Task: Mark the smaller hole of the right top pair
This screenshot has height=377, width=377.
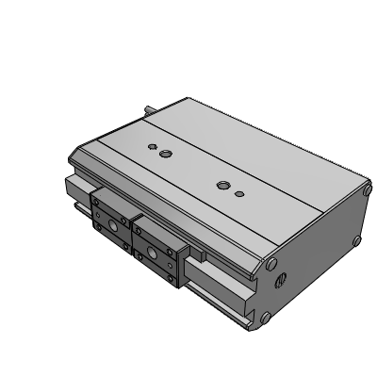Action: point(240,193)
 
